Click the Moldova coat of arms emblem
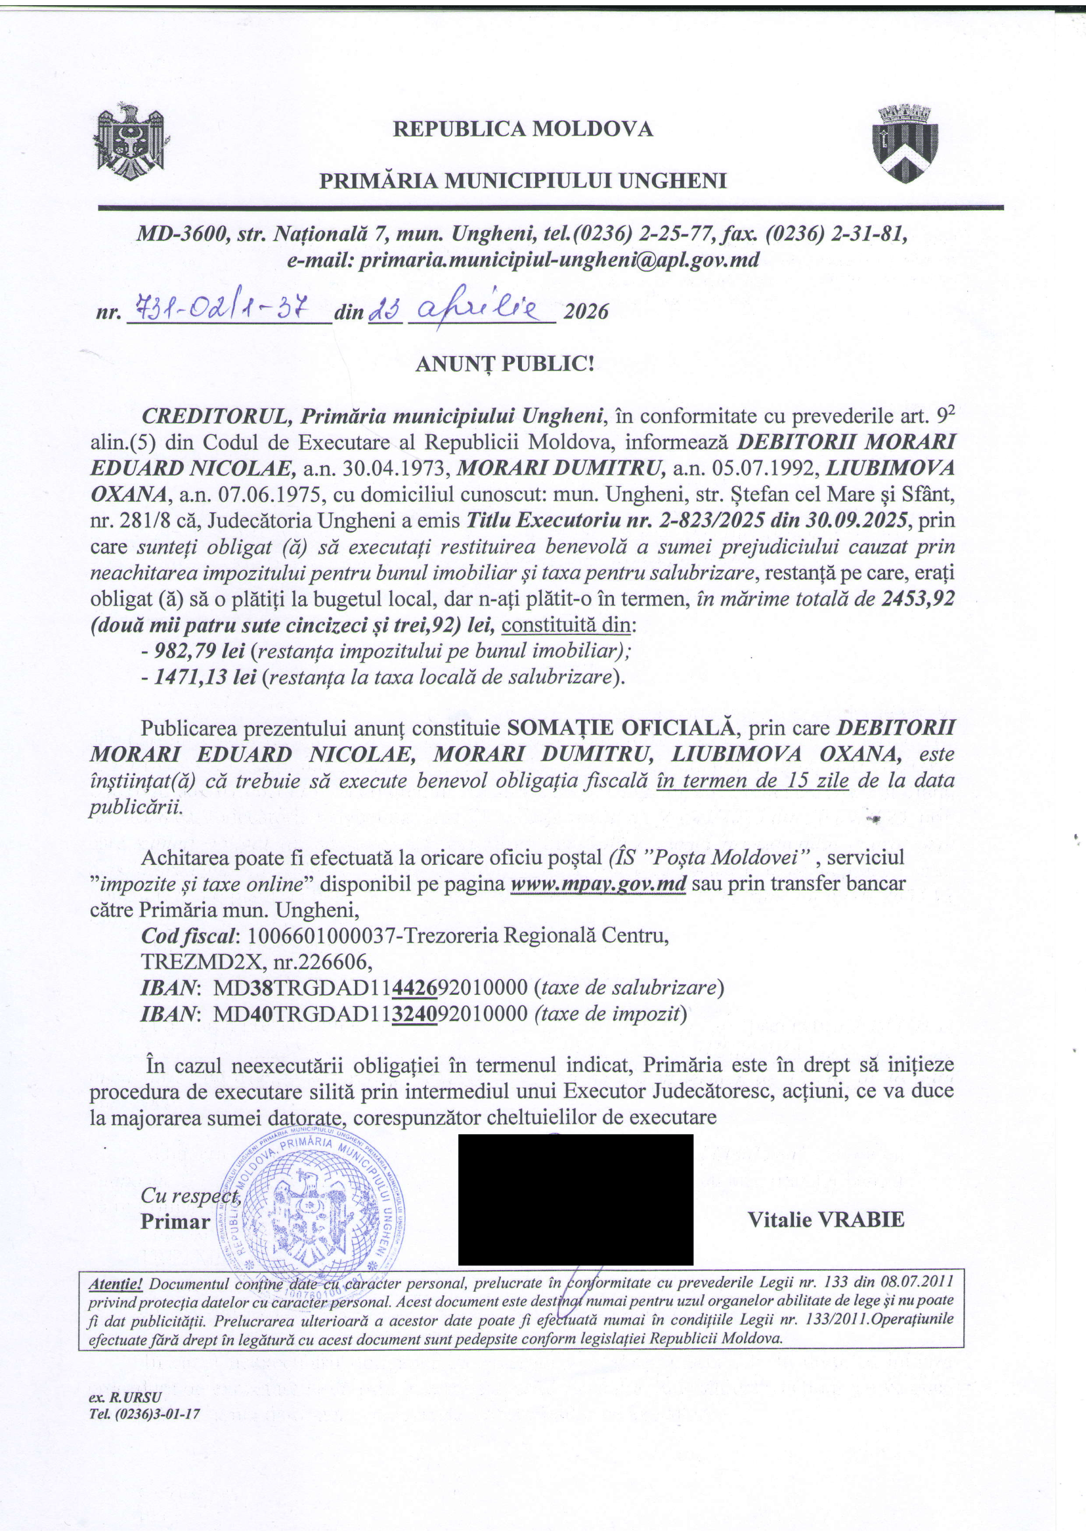click(x=131, y=141)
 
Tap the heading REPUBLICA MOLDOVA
click(x=522, y=129)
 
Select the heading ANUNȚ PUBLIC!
click(x=504, y=363)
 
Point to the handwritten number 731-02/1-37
click(x=221, y=309)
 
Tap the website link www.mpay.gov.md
click(x=599, y=884)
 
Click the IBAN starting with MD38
click(x=370, y=988)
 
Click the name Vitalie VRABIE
click(x=825, y=1219)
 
